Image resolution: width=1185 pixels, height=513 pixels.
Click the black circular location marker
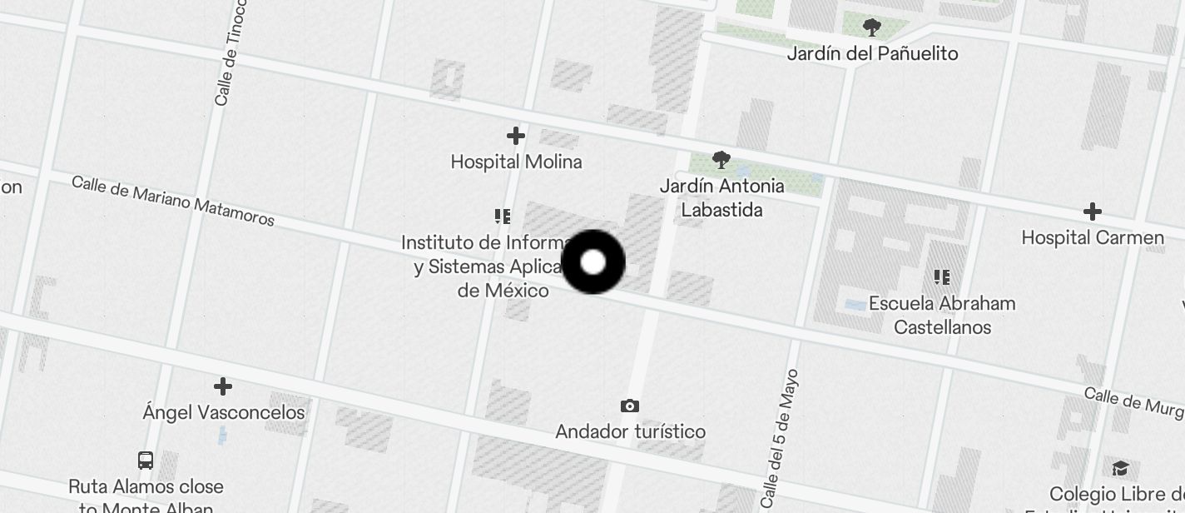click(x=592, y=262)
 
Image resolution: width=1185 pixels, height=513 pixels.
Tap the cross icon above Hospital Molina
click(x=516, y=136)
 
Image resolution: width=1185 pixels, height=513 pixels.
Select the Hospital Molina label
click(x=516, y=162)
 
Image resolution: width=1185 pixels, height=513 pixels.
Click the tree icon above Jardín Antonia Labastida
click(x=721, y=160)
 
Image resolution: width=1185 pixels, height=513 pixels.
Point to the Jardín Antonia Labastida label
click(x=721, y=197)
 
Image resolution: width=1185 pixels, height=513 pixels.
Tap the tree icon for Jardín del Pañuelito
click(x=872, y=28)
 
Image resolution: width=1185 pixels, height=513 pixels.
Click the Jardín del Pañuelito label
click(x=872, y=53)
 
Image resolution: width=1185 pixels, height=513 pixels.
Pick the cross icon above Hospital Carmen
click(x=1093, y=212)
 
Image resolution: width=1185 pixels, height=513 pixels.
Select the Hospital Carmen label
click(x=1093, y=237)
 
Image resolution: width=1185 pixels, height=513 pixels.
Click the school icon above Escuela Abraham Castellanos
click(x=942, y=277)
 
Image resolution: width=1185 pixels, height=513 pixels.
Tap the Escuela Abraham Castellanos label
click(x=942, y=315)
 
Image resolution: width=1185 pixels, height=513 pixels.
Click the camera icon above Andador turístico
click(x=630, y=406)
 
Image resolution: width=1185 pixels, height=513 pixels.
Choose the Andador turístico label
click(x=630, y=431)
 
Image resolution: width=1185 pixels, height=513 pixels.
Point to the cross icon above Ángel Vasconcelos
click(x=223, y=386)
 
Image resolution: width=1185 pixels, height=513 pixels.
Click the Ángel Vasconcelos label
click(x=223, y=412)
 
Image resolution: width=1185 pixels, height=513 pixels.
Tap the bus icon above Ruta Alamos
click(x=146, y=461)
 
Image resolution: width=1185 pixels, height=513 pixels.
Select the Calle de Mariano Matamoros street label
click(x=173, y=201)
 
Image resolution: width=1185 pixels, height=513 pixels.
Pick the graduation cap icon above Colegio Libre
click(x=1120, y=468)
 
